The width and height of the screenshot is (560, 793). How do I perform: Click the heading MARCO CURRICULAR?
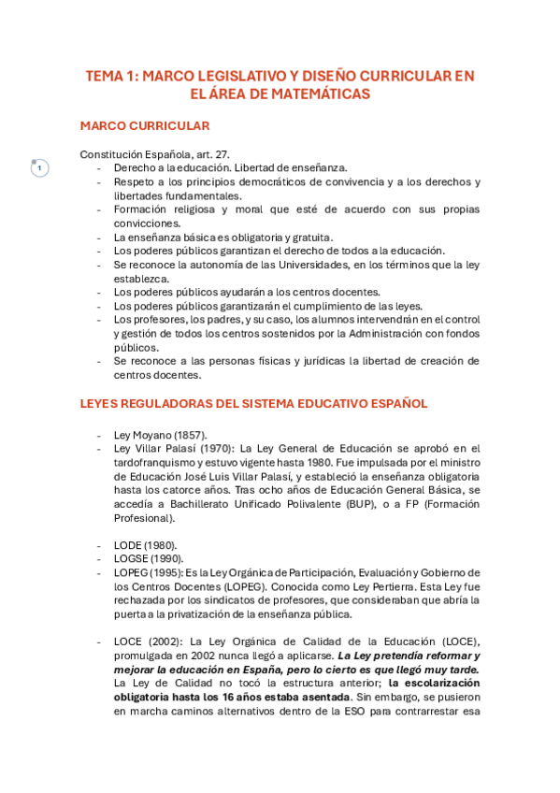point(145,125)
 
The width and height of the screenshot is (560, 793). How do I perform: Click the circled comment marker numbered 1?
point(39,168)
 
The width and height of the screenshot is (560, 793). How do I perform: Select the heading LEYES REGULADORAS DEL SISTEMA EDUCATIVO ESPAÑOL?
point(253,403)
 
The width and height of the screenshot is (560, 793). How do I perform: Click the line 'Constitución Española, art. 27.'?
point(155,154)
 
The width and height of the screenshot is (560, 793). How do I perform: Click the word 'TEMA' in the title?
point(105,76)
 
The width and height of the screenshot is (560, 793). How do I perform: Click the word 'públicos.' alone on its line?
point(136,347)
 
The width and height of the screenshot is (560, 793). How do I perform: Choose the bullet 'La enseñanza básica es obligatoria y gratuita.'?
point(223,238)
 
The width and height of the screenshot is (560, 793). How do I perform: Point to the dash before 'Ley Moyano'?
point(99,435)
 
